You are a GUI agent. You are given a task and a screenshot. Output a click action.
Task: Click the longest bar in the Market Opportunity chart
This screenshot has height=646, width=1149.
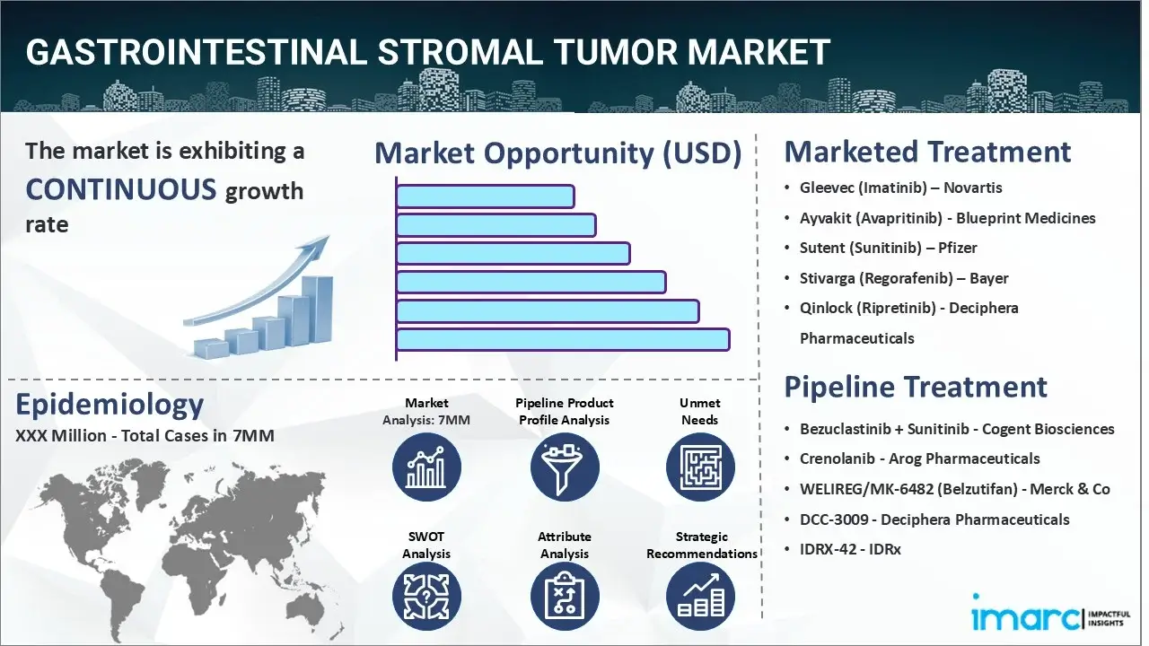click(563, 340)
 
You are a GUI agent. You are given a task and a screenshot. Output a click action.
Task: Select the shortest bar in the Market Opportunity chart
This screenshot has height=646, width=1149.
click(486, 196)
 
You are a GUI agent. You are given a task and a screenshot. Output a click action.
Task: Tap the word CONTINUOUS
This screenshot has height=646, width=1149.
click(121, 189)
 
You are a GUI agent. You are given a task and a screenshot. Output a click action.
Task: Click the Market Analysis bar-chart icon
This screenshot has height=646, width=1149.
click(426, 467)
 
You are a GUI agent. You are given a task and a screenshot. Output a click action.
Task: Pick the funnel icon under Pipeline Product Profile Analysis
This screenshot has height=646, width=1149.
click(565, 467)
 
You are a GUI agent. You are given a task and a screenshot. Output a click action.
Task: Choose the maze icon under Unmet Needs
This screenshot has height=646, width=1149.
click(700, 467)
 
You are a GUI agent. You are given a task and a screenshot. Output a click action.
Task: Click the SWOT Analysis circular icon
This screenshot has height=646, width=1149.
click(426, 597)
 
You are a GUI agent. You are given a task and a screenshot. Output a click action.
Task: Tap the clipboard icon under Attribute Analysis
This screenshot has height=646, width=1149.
click(565, 597)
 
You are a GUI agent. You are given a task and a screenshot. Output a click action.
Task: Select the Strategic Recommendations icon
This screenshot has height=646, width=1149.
click(700, 597)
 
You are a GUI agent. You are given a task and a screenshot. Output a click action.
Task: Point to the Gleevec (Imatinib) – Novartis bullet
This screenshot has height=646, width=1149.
click(900, 188)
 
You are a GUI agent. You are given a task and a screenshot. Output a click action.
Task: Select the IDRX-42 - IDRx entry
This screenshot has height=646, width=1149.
click(850, 550)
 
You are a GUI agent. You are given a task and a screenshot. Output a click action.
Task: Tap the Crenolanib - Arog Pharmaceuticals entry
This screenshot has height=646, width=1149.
click(919, 458)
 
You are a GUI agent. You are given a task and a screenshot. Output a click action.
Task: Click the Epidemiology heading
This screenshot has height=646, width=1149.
click(110, 406)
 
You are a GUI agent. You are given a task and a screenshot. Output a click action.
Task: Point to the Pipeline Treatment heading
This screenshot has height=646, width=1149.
click(915, 387)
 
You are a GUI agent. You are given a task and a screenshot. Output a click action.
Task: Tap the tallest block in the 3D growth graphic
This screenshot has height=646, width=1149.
click(317, 310)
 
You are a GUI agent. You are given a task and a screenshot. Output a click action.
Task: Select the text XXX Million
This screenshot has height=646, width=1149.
click(60, 436)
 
